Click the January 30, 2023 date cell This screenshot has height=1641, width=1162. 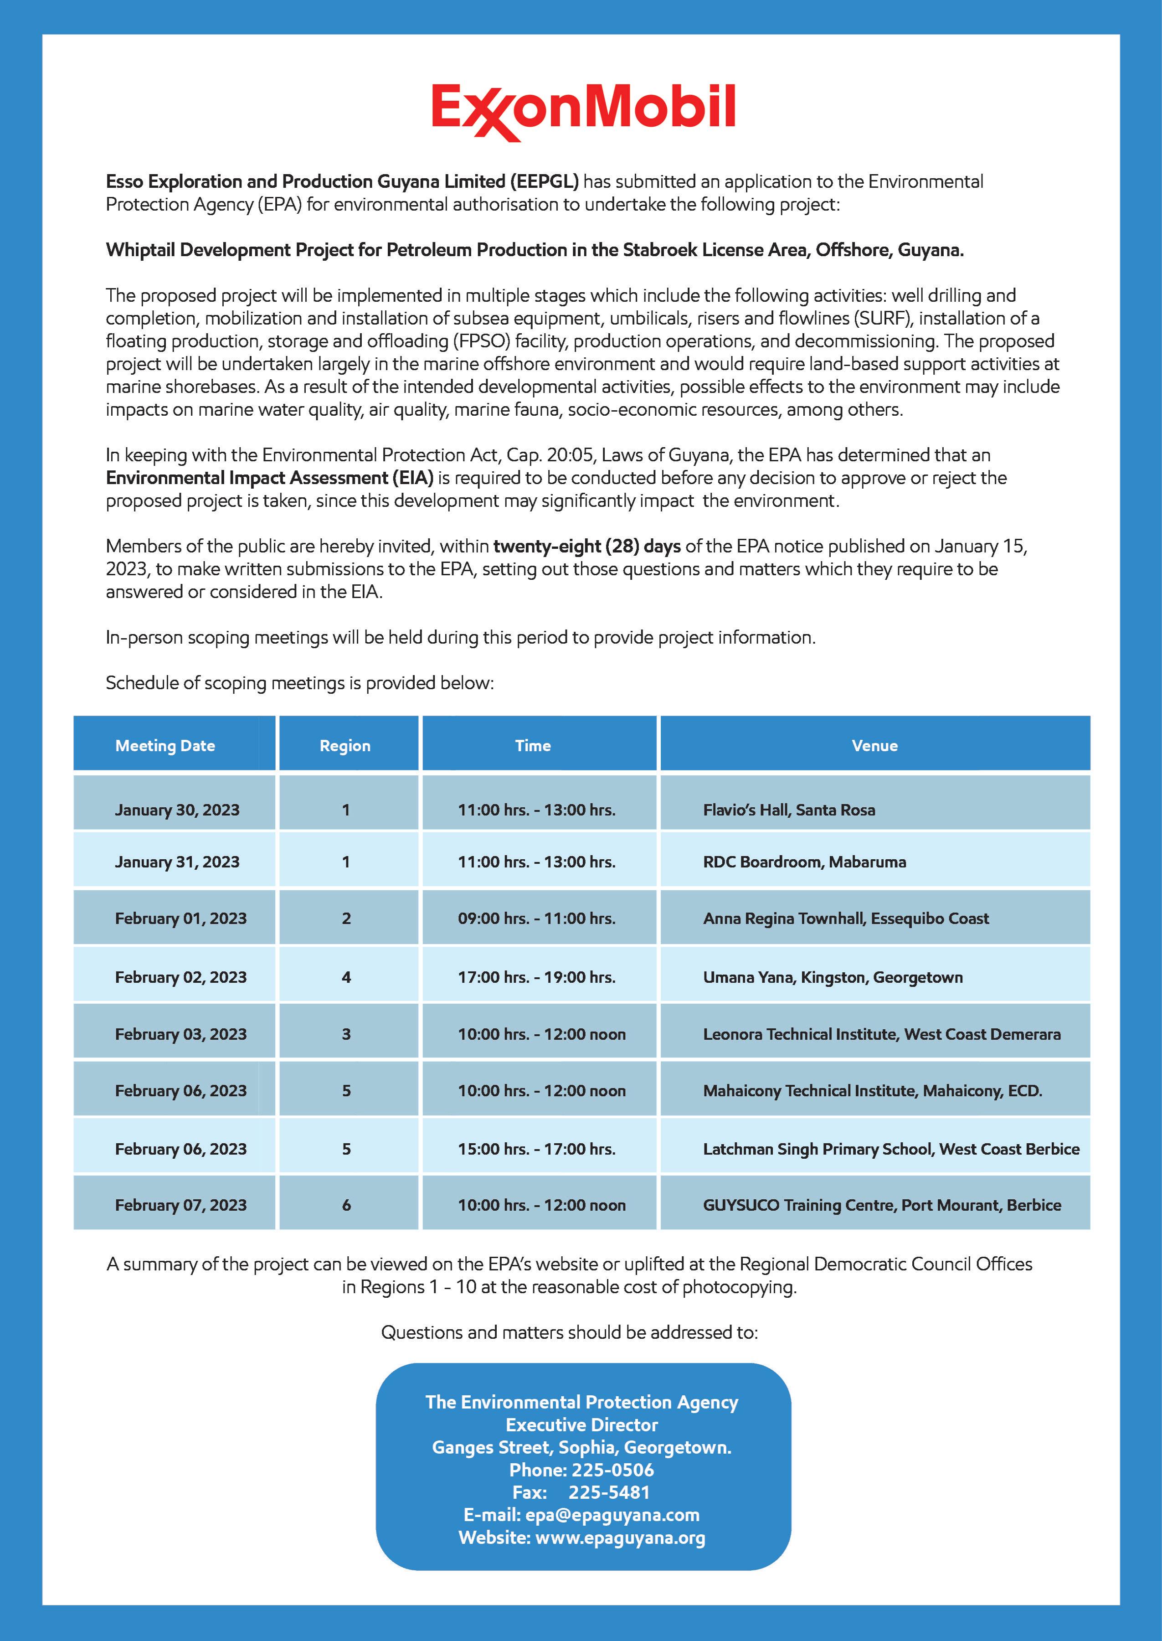pyautogui.click(x=177, y=810)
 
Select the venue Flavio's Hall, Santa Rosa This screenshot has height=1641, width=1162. pyautogui.click(x=788, y=810)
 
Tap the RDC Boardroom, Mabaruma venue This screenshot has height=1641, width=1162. pyautogui.click(x=804, y=862)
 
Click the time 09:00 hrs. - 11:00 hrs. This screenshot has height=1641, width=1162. pyautogui.click(x=537, y=918)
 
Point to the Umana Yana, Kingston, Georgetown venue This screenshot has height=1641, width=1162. pyautogui.click(x=833, y=977)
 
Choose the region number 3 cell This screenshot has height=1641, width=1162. pyautogui.click(x=346, y=1034)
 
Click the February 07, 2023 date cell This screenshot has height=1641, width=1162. pyautogui.click(x=181, y=1205)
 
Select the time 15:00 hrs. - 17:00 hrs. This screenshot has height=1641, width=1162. pyautogui.click(x=537, y=1149)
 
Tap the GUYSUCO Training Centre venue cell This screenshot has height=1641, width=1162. pyautogui.click(x=881, y=1205)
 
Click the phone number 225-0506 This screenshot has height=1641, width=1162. pyautogui.click(x=612, y=1470)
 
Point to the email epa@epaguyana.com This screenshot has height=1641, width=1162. pyautogui.click(x=612, y=1515)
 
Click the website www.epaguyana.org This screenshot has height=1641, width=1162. pyautogui.click(x=620, y=1538)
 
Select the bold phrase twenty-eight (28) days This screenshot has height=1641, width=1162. pyautogui.click(x=587, y=546)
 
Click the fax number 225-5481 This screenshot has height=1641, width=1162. pyautogui.click(x=609, y=1493)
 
